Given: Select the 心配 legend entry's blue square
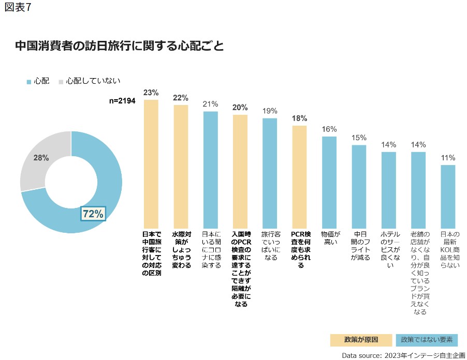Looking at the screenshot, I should (x=28, y=81).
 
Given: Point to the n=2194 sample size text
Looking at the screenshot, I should (x=122, y=101).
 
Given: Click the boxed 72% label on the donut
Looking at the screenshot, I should (x=93, y=213).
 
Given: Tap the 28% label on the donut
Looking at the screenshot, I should (x=41, y=158).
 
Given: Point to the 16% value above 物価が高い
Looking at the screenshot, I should (x=329, y=129).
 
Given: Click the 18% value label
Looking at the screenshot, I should (x=299, y=118).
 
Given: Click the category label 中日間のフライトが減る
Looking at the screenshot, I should (x=359, y=245).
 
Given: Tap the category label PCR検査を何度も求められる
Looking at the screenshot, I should (x=299, y=249).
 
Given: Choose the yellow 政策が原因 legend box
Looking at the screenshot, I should (x=361, y=340).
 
